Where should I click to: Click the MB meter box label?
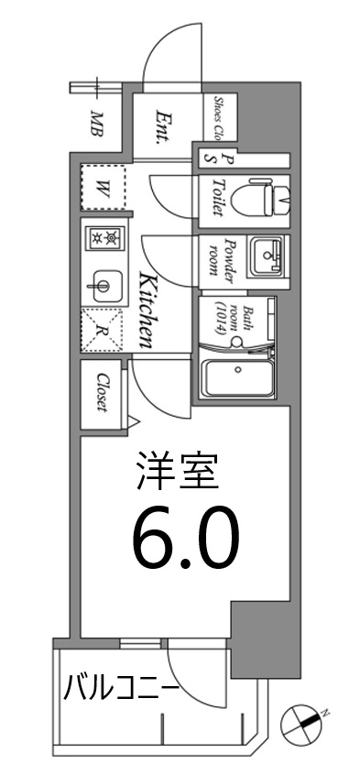pos(96,123)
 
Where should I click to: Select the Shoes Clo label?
pos(221,116)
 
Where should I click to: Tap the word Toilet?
pos(216,195)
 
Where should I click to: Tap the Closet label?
pos(102,392)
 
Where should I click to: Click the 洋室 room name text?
pos(180,473)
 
